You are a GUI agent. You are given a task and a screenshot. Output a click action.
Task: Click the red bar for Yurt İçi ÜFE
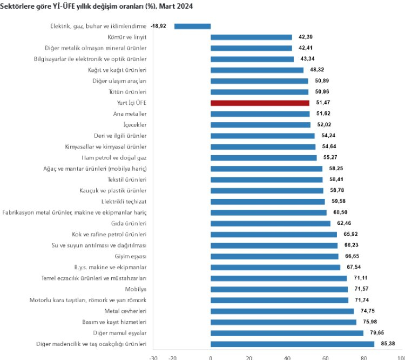[260, 103]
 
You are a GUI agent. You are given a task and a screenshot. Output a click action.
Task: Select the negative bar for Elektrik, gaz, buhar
[192, 25]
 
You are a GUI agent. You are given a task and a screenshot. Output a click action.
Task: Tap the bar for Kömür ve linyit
[251, 37]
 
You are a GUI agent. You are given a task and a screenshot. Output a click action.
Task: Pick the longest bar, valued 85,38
[292, 344]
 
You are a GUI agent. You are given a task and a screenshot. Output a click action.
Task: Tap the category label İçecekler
[134, 125]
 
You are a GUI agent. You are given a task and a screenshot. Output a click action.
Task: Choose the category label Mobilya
[136, 289]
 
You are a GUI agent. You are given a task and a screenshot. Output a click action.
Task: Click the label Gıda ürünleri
[130, 223]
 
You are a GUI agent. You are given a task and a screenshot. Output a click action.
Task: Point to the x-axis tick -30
[153, 357]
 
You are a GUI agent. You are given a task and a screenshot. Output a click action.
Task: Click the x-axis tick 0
[211, 357]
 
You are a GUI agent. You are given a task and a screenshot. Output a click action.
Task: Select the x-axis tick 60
[326, 357]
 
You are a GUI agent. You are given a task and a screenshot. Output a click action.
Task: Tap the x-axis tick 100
[401, 357]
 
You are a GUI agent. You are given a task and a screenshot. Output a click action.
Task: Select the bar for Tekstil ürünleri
[266, 179]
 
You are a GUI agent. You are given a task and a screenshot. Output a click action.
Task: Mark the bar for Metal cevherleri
[282, 311]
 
